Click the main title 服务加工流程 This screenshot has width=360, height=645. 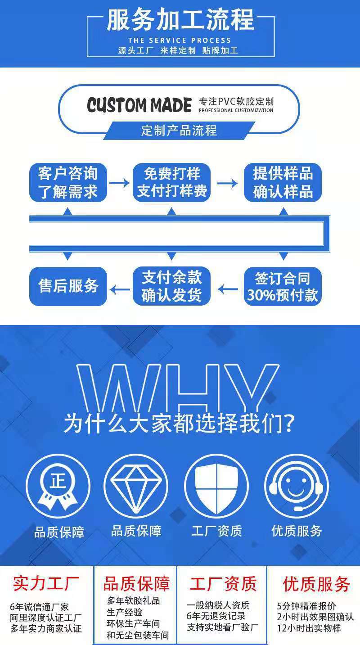click(x=180, y=20)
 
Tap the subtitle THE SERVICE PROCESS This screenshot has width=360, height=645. click(x=179, y=41)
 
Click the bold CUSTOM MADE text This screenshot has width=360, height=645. click(x=139, y=106)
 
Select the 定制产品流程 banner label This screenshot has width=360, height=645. click(x=179, y=131)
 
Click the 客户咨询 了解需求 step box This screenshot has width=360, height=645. click(x=68, y=182)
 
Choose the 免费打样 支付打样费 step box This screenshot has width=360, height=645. click(x=171, y=182)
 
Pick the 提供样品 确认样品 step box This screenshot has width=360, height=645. click(x=283, y=182)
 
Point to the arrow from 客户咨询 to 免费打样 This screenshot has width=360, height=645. click(x=119, y=182)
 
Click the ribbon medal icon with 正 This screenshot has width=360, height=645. click(x=58, y=486)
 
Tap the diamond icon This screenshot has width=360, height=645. click(x=136, y=486)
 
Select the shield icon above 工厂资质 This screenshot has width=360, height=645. click(x=216, y=486)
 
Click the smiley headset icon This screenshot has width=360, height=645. click(x=297, y=486)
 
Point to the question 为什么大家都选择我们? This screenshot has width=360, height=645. click(x=179, y=423)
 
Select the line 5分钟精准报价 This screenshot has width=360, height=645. click(x=306, y=606)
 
